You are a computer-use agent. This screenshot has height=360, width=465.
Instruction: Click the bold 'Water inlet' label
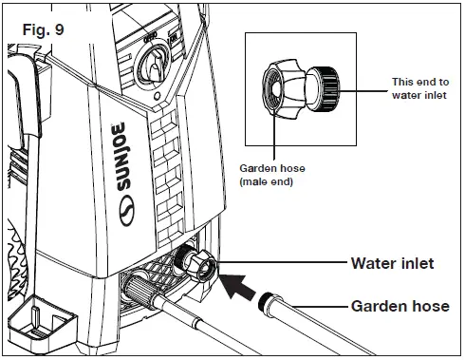coord(390,263)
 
